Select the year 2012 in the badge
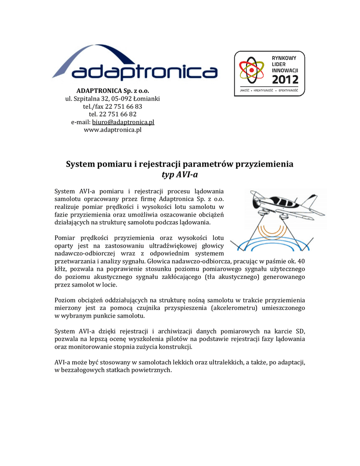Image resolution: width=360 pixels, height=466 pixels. (x=285, y=80)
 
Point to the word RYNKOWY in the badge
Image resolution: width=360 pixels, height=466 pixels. (x=284, y=58)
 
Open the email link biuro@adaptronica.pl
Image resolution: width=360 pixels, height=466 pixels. (x=123, y=122)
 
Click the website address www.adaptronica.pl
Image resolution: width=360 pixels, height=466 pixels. (x=113, y=130)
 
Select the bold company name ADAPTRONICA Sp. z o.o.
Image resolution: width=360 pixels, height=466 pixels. (x=113, y=91)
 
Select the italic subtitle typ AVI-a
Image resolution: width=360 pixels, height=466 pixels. (x=180, y=175)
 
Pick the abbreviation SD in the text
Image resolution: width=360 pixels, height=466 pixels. (x=300, y=331)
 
